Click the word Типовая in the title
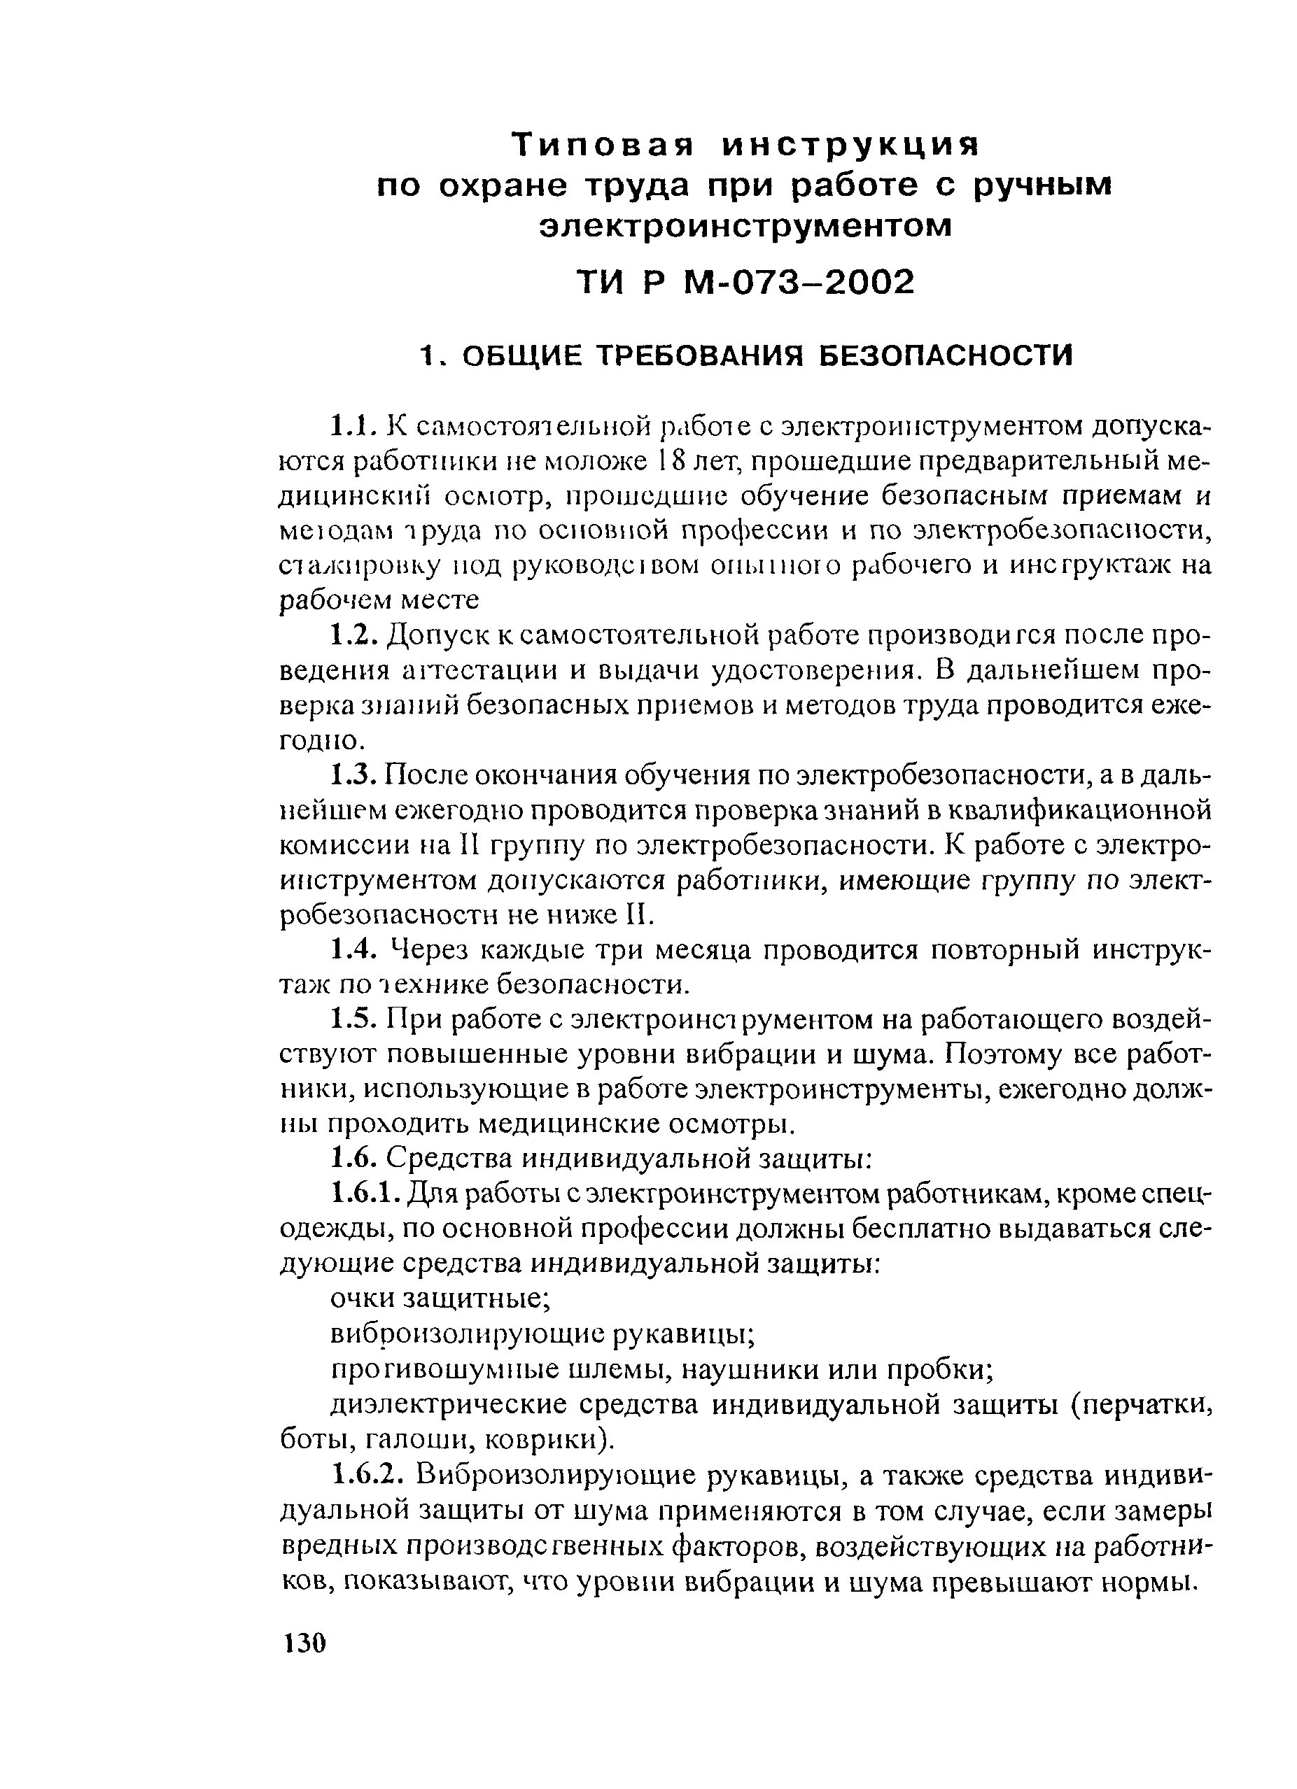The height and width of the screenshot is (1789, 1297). (603, 145)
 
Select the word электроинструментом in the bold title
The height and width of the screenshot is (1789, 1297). (745, 227)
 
